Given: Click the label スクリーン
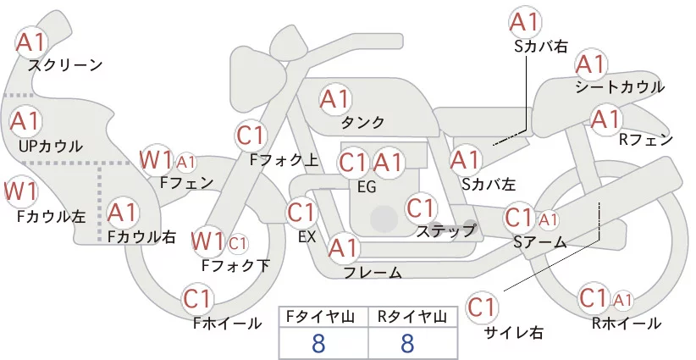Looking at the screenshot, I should [x=65, y=65].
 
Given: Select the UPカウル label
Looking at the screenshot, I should [x=50, y=146].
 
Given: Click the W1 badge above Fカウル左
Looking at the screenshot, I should [x=20, y=191].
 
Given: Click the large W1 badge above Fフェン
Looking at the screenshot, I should [x=157, y=159].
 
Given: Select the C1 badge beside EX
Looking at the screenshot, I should [x=301, y=212].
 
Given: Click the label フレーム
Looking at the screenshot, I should [x=373, y=273].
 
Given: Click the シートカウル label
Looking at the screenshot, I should [x=619, y=87].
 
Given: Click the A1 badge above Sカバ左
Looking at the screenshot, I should [x=465, y=158].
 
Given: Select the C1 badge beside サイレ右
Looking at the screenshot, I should [x=483, y=307].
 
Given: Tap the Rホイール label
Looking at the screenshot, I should [x=627, y=324].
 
